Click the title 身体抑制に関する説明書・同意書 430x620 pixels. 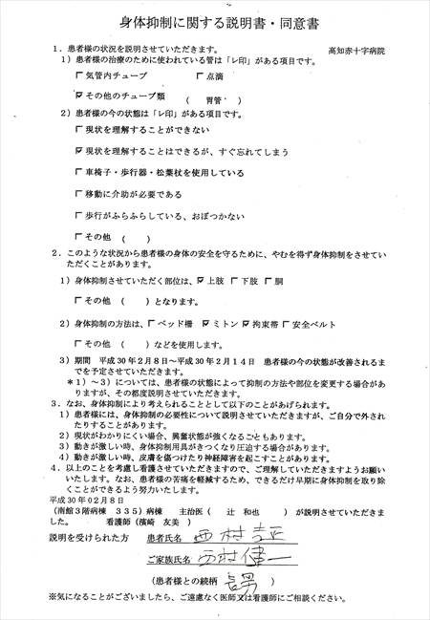pyautogui.click(x=215, y=20)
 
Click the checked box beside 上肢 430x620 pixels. pyautogui.click(x=200, y=282)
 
